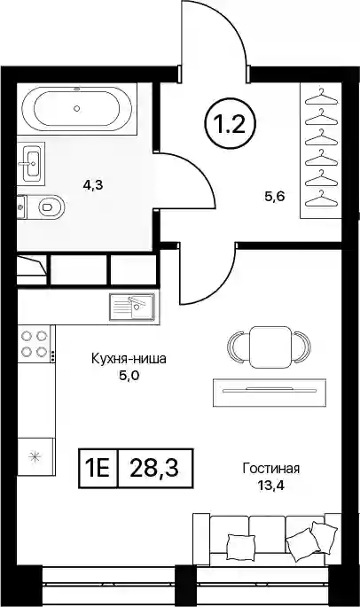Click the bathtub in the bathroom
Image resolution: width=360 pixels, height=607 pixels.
[77, 109]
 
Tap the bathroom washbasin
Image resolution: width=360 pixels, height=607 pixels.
[31, 163]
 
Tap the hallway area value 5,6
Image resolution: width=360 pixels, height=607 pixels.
[274, 197]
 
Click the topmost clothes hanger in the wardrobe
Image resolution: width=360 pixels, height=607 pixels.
[321, 97]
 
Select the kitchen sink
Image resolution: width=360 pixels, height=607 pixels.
[132, 307]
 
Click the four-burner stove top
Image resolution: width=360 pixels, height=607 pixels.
[34, 344]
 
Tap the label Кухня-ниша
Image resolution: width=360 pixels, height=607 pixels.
[129, 359]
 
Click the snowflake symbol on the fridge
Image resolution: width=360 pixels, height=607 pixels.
[35, 456]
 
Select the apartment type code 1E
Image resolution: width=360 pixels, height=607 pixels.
[98, 468]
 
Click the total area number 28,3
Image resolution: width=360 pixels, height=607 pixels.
[154, 468]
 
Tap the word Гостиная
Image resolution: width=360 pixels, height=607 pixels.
[271, 469]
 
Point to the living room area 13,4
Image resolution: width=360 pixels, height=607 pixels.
[271, 486]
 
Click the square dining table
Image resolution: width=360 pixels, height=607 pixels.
[270, 346]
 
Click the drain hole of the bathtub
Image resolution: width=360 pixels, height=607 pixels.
[77, 109]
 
